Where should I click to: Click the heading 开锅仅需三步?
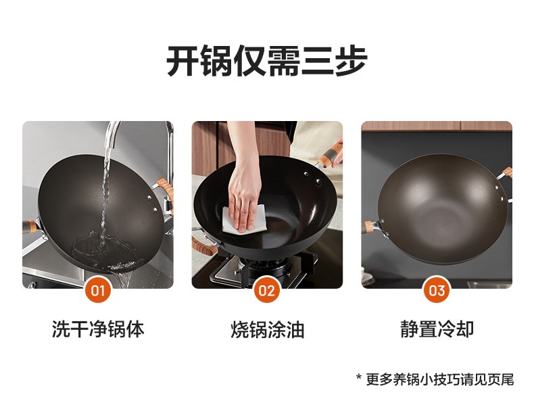coord(267,62)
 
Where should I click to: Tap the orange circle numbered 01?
coord(98,290)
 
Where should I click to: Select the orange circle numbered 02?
coord(266,290)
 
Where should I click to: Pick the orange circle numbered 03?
coord(437,290)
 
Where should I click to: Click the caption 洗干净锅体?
coord(98,329)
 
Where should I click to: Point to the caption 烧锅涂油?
coord(268,329)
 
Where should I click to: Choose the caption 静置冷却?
coord(437,329)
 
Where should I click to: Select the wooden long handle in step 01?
coord(29,227)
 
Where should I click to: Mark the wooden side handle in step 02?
coord(203,246)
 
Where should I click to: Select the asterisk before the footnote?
coord(359,377)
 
